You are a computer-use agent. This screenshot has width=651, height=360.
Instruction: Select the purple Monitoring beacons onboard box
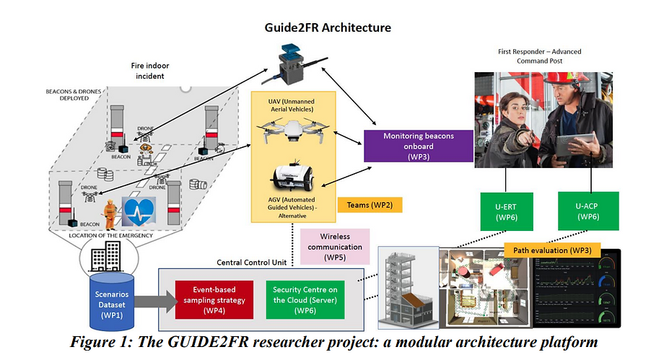pyautogui.click(x=419, y=144)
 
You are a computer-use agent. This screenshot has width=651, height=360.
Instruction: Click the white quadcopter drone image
pyautogui.click(x=292, y=132)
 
